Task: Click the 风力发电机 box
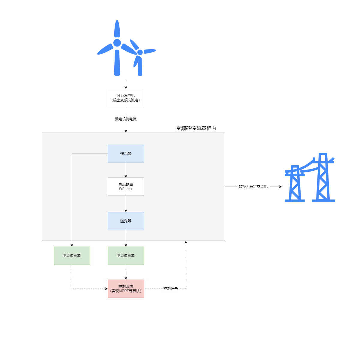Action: coord(126,98)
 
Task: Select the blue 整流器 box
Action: coord(126,154)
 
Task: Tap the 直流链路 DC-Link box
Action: coord(126,187)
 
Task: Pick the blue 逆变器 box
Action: coord(126,221)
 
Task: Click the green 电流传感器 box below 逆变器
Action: coord(126,256)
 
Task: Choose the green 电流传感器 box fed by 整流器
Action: coord(72,256)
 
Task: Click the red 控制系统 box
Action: coord(126,289)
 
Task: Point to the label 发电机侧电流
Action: coord(126,119)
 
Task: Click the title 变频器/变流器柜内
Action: coord(196,128)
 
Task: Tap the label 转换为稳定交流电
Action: coord(253,187)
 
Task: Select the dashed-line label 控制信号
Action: coord(170,289)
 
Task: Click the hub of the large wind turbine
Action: coord(117,43)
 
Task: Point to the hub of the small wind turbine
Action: coord(140,52)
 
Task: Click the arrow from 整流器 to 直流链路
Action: coord(126,170)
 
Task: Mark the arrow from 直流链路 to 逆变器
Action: coord(126,204)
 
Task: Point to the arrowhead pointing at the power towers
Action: coord(280,187)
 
